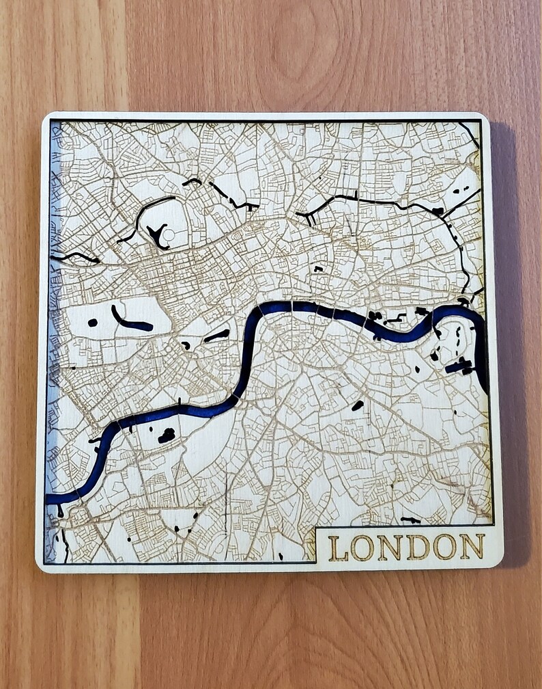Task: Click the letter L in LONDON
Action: click(338, 547)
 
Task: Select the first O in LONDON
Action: click(362, 547)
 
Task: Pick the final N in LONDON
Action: click(472, 547)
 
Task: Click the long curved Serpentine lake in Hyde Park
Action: click(132, 322)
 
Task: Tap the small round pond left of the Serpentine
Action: click(92, 323)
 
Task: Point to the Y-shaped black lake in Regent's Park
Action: click(158, 237)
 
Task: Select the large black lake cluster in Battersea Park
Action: click(166, 435)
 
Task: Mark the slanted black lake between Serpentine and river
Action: click(217, 335)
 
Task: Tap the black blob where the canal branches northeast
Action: click(438, 211)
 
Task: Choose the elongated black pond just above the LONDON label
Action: click(410, 520)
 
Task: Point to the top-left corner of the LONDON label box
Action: click(317, 528)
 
